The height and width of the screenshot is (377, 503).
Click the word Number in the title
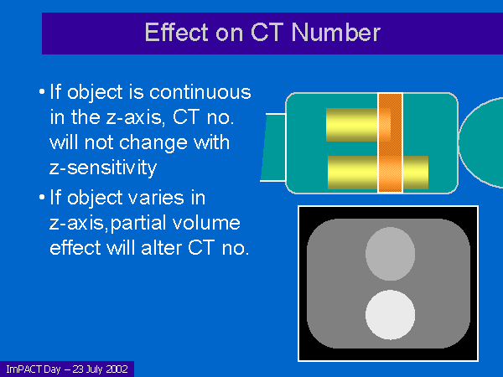[336, 33]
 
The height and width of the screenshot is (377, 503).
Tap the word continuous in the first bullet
[200, 92]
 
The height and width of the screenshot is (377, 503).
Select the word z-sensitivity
[103, 167]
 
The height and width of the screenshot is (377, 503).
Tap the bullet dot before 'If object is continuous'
[42, 92]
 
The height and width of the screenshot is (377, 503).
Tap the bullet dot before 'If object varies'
[42, 197]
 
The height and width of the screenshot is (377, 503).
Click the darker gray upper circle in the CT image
[390, 254]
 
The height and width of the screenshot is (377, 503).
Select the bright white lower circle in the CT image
[390, 314]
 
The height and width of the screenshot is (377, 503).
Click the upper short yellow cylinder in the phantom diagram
[358, 125]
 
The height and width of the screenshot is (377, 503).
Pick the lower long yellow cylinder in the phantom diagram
[378, 173]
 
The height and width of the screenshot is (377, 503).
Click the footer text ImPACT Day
[34, 369]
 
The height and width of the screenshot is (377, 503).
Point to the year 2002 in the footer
[117, 369]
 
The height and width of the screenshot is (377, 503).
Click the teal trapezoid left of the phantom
[273, 147]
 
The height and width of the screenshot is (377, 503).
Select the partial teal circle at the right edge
[480, 142]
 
